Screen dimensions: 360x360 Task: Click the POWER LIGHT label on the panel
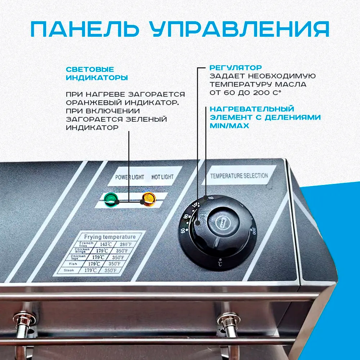[x=130, y=177]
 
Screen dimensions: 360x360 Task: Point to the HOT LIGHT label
[x=162, y=177]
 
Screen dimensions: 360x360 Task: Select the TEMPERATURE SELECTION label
[x=239, y=176]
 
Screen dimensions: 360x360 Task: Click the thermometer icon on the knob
[x=220, y=223]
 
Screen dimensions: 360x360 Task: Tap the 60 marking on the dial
[x=183, y=231]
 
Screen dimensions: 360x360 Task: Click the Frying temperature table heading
[x=110, y=237]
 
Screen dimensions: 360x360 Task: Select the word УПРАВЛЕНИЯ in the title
[x=239, y=30]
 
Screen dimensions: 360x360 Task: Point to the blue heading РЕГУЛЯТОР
[x=235, y=68]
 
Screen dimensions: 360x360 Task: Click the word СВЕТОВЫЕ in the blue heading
[x=90, y=69]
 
